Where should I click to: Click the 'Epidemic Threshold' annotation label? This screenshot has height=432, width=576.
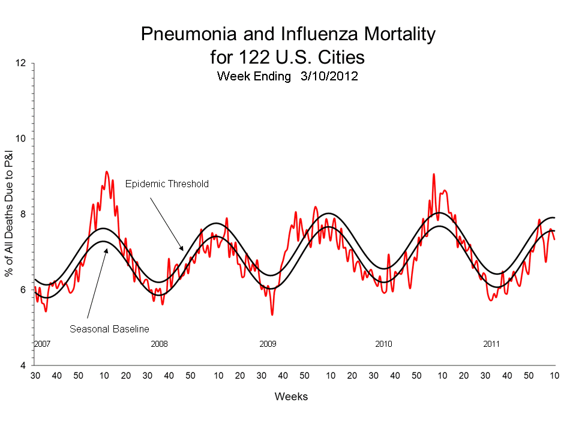167,184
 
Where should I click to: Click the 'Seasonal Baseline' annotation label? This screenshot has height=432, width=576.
109,329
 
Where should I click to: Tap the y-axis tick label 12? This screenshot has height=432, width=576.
23,63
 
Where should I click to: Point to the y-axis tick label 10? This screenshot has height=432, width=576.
23,139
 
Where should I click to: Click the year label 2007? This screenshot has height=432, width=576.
42,344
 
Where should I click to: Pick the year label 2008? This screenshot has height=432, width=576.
159,344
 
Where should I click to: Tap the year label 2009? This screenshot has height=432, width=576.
268,344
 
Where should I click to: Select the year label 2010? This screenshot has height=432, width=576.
383,344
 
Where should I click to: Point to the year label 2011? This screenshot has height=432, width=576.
492,344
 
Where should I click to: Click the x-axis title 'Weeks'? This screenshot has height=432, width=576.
291,397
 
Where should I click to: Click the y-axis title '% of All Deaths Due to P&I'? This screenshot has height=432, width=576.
10,214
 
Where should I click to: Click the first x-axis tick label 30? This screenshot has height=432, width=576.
35,376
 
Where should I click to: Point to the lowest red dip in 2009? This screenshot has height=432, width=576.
272,314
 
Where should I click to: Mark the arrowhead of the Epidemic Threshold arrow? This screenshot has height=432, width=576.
182,248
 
